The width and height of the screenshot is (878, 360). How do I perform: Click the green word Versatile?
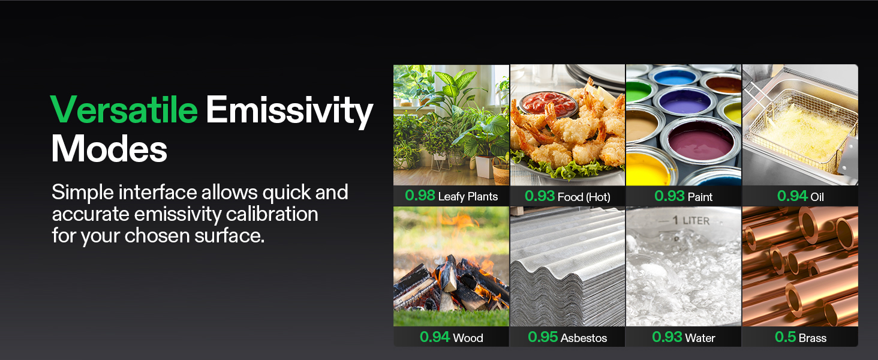(124, 110)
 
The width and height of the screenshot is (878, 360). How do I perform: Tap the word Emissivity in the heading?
(289, 111)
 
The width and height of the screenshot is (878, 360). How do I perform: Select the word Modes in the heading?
(109, 149)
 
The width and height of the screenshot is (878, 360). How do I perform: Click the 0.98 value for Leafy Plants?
(419, 196)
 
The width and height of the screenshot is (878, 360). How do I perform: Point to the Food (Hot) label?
(584, 196)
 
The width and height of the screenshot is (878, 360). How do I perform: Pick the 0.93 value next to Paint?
(669, 196)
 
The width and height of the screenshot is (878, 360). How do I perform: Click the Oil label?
(817, 196)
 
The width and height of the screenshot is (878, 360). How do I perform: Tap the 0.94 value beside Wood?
(435, 337)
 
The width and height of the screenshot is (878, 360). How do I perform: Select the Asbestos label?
(584, 338)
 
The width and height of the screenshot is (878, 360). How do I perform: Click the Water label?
(700, 338)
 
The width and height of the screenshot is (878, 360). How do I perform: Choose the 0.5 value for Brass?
(785, 337)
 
